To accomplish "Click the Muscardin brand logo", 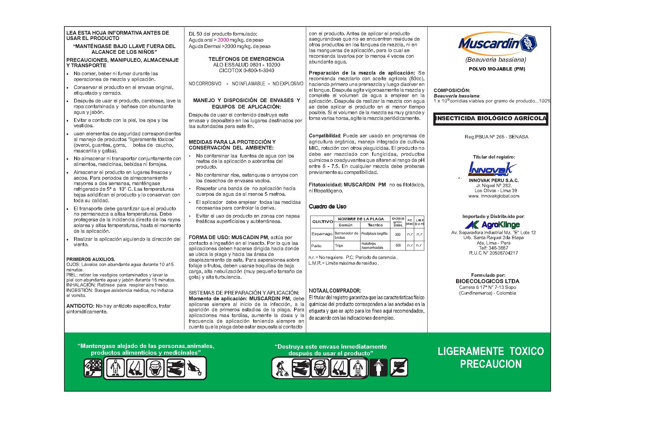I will click(x=497, y=44).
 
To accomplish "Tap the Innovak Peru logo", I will click(x=492, y=169).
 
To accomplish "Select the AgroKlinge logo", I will click(x=492, y=225).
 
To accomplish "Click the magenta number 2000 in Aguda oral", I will click(x=223, y=40).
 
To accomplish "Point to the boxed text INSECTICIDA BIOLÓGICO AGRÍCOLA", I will click(x=490, y=119).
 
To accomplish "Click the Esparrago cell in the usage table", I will click(x=322, y=234).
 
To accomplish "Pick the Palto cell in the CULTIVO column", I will click(x=316, y=246).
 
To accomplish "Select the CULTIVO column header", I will click(x=322, y=222).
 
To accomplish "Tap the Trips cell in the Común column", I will click(x=339, y=246).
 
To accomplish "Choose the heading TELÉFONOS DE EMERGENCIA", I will click(x=246, y=59).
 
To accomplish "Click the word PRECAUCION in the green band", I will click(x=491, y=364).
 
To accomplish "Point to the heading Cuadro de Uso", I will click(x=327, y=207).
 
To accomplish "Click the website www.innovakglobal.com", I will click(x=494, y=196).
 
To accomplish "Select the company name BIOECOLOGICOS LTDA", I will click(x=487, y=281).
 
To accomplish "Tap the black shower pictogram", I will click(x=379, y=368).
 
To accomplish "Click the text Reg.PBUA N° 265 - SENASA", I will click(x=496, y=137).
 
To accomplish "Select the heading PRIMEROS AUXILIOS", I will click(x=91, y=259).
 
